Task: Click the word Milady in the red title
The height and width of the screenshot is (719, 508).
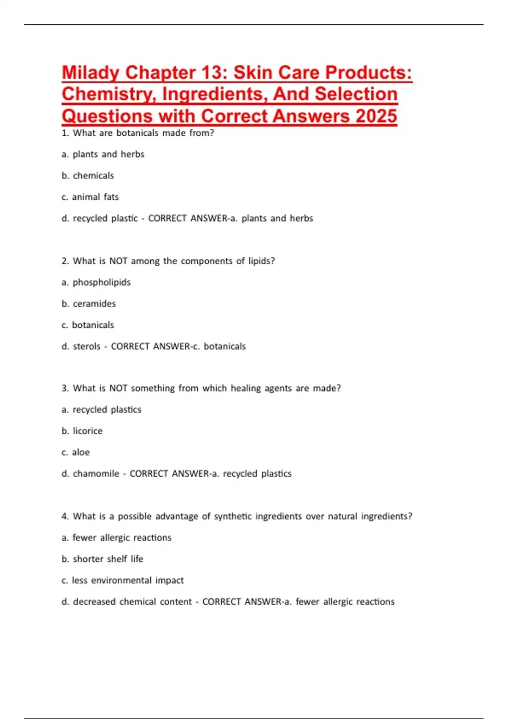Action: click(x=91, y=73)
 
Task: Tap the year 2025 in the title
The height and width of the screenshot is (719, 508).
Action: click(x=376, y=116)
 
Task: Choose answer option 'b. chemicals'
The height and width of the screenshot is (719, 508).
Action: click(x=88, y=176)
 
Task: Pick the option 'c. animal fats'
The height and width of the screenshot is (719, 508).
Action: click(x=90, y=197)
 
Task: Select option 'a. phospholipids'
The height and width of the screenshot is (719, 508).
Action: click(x=96, y=282)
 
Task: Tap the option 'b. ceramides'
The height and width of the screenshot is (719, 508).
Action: click(x=88, y=304)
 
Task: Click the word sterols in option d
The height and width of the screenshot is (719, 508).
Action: click(x=87, y=346)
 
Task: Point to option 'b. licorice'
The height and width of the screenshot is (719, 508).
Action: click(x=82, y=431)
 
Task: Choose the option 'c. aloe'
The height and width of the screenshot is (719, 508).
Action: click(x=76, y=452)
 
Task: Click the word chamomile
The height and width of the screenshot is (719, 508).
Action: click(x=96, y=474)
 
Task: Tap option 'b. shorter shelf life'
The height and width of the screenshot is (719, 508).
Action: click(x=102, y=559)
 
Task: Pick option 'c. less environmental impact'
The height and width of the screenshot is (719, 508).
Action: click(x=123, y=580)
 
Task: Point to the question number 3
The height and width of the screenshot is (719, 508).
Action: click(x=65, y=388)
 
